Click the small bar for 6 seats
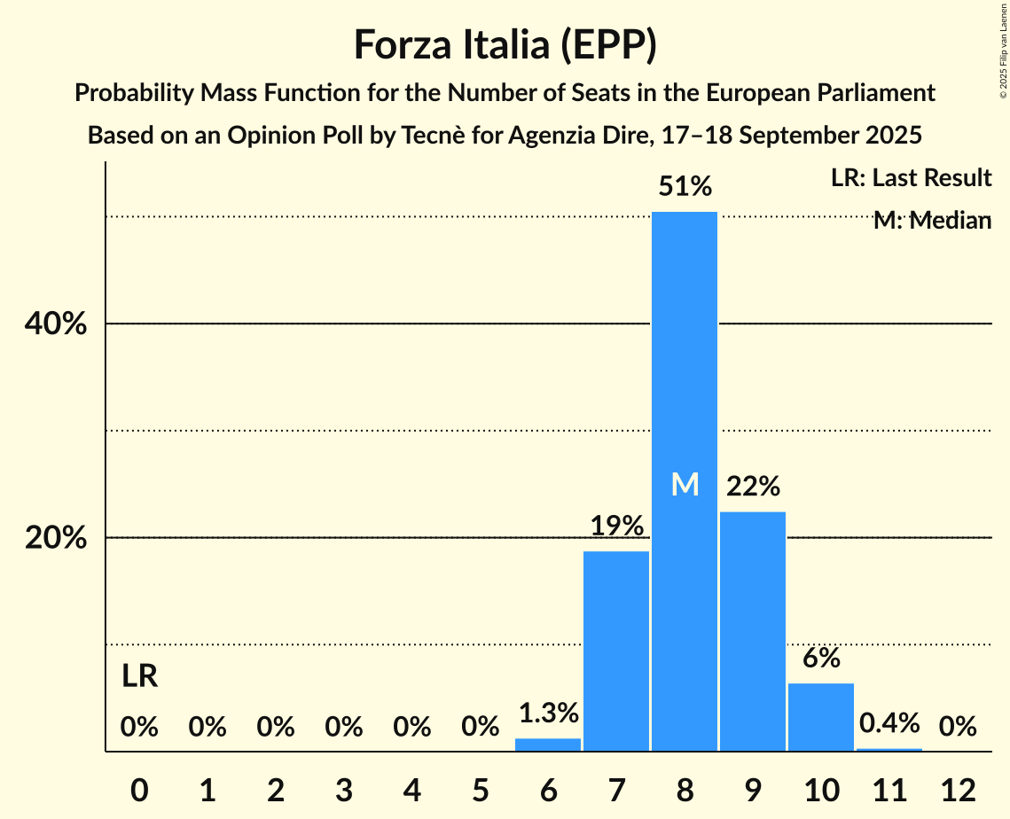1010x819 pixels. [548, 745]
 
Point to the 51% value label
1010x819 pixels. [684, 187]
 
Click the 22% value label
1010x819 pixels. [753, 487]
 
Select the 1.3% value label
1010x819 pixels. [548, 713]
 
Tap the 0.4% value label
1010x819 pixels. [889, 723]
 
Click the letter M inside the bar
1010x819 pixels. [685, 484]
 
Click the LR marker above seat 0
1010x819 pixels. [139, 677]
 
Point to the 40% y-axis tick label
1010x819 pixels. [55, 324]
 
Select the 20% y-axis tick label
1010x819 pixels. [55, 538]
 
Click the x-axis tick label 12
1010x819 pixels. [958, 790]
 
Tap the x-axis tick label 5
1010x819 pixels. [480, 790]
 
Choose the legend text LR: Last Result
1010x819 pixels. [911, 178]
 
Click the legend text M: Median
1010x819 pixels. [932, 221]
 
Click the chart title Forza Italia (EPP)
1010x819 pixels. [505, 44]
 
